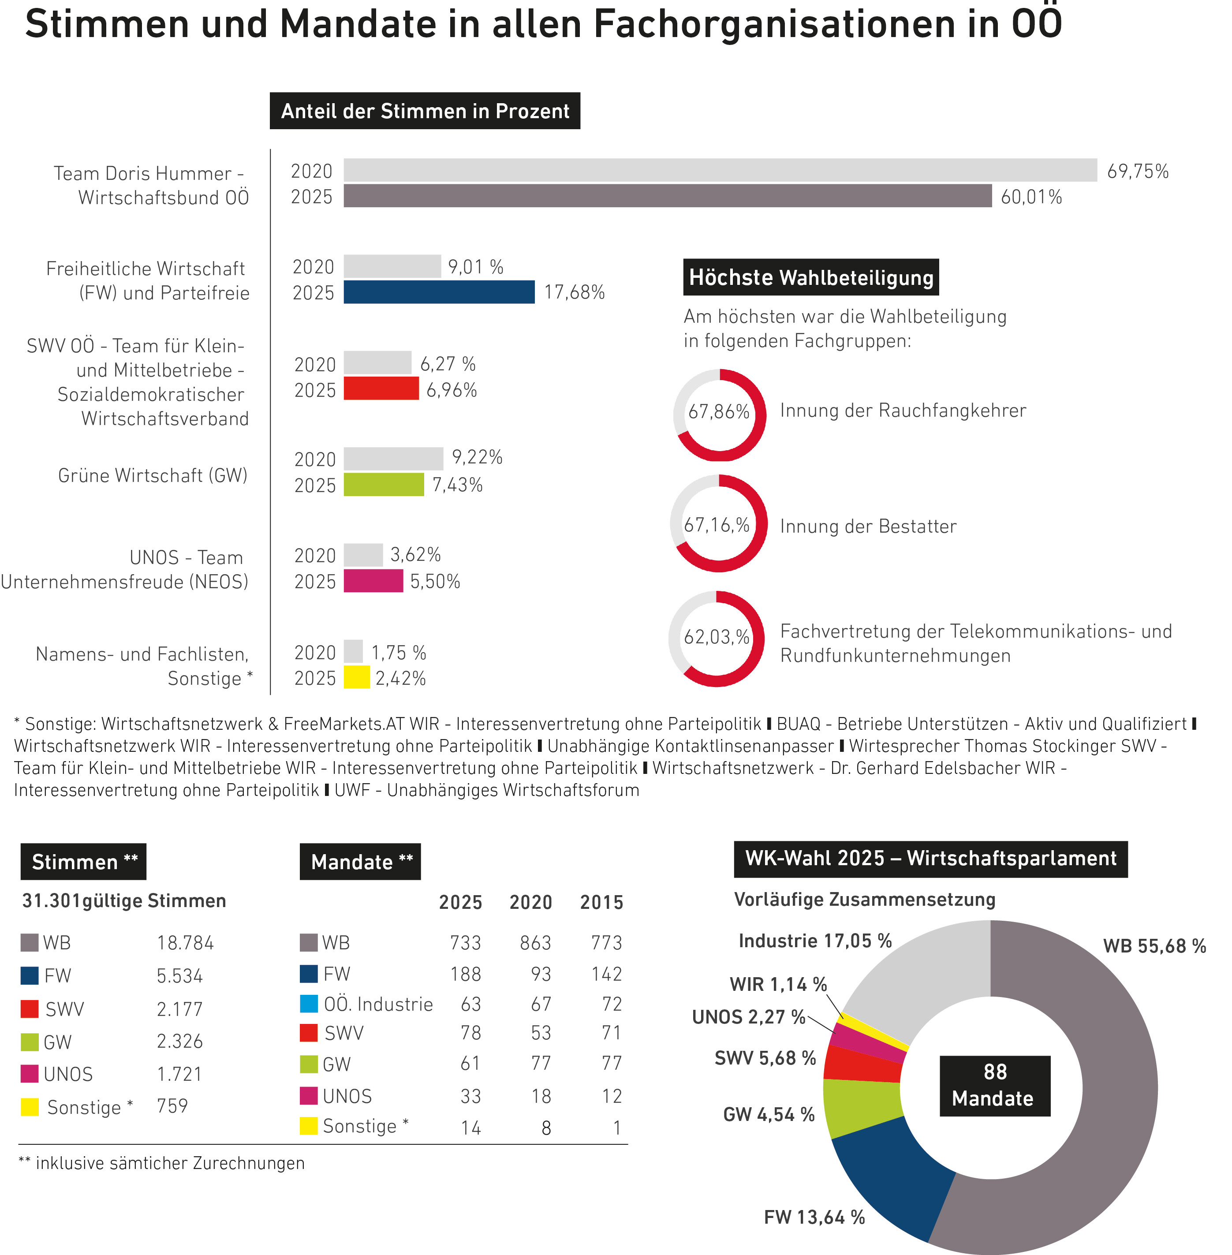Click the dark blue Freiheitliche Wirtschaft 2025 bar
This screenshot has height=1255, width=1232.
coord(439,292)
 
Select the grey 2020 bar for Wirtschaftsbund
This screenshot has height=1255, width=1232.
coord(720,170)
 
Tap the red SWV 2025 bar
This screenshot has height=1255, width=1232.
coord(381,388)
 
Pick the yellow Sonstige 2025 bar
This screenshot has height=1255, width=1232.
coord(357,677)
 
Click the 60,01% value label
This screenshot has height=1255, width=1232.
coord(1031,197)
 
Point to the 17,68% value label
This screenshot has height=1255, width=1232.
coord(574,292)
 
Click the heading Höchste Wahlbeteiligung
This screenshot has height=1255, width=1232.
coord(811,277)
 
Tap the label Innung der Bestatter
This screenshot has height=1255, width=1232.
coord(868,526)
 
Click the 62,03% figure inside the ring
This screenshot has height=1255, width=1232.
coord(716,637)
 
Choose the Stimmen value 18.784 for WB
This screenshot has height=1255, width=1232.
coord(185,943)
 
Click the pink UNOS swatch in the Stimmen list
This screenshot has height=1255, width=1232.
coord(30,1074)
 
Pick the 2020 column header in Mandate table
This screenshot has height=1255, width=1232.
coord(530,902)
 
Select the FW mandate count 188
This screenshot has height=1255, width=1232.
coord(465,974)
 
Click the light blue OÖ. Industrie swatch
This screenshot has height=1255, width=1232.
coord(309,1004)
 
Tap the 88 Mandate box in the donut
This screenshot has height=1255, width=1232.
coord(994,1085)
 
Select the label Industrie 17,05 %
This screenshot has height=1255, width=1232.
coord(815,941)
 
